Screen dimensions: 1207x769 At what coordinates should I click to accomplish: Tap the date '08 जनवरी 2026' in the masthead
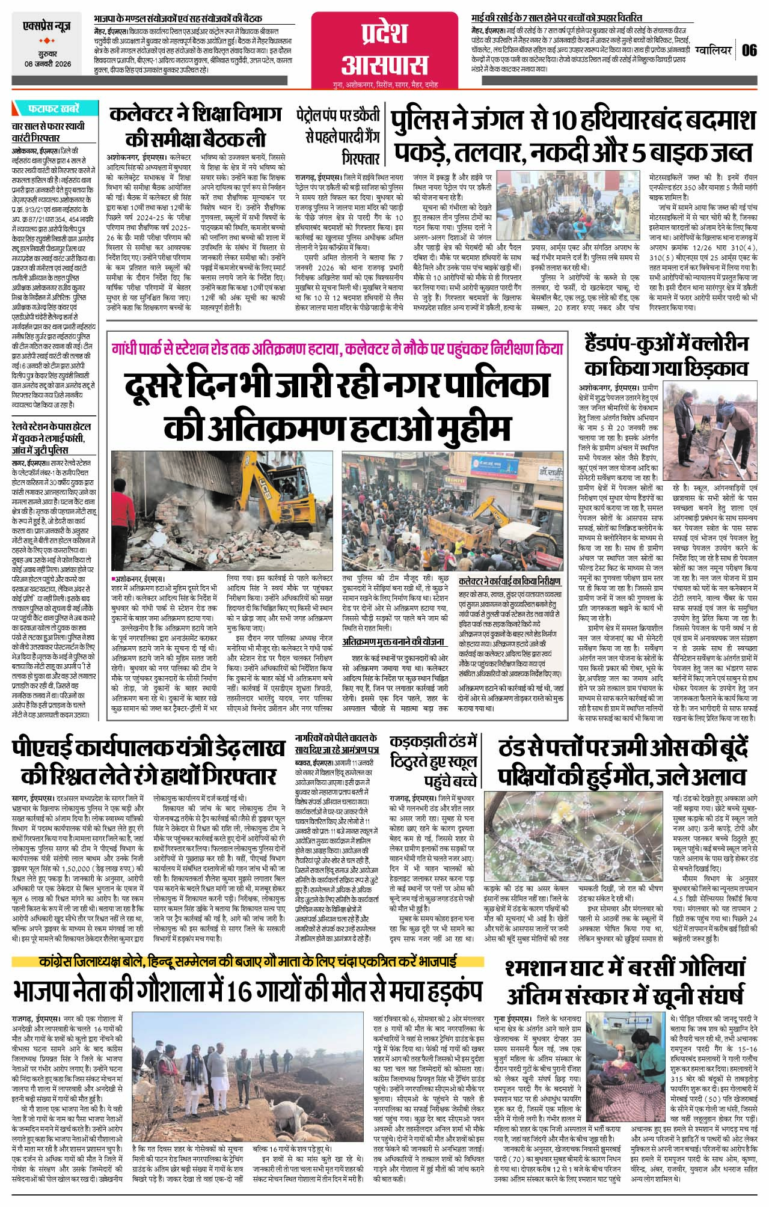(47, 64)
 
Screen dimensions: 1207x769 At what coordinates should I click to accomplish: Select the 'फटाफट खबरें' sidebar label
(54, 109)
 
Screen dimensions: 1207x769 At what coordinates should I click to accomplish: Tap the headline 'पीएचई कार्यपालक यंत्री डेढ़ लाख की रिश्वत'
(148, 762)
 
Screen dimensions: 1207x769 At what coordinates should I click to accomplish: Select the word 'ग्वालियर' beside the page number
(713, 50)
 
